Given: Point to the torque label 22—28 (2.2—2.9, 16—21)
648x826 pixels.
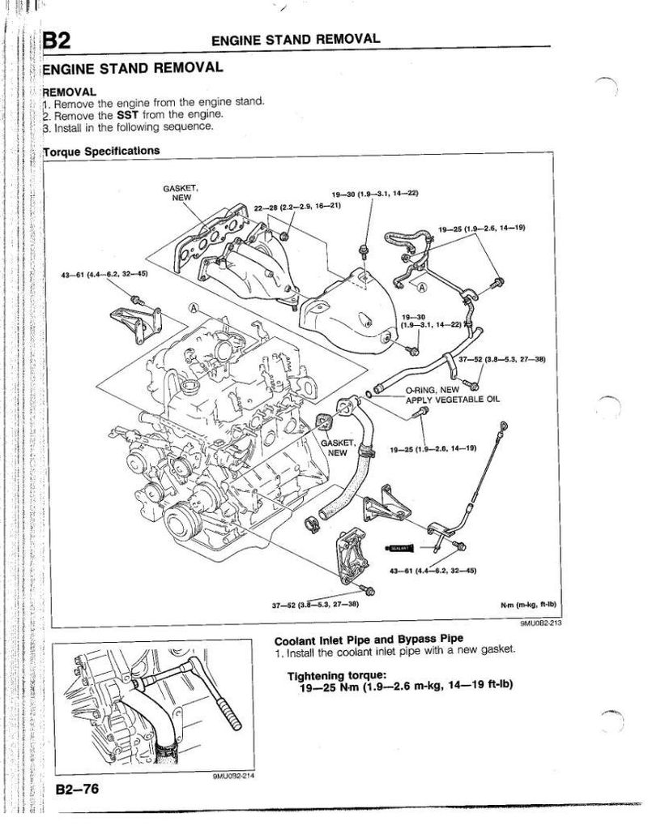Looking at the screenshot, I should pos(297,208).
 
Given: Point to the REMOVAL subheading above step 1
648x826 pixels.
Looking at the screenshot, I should pos(70,92).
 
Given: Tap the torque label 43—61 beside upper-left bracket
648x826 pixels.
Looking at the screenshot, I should pos(104,273).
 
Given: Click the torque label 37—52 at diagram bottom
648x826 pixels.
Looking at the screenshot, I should pos(315,605).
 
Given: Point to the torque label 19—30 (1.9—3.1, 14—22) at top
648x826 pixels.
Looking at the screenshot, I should pos(374,194).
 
